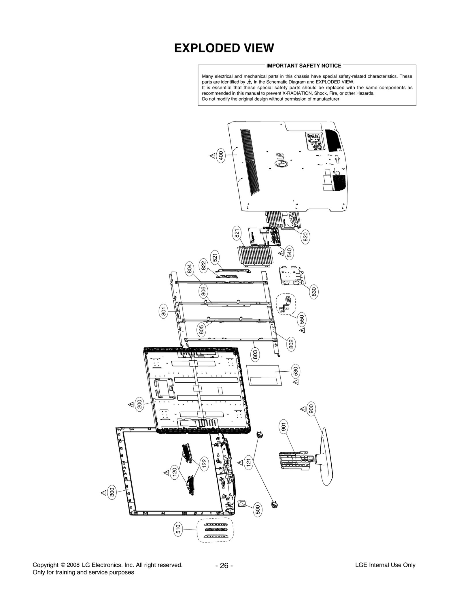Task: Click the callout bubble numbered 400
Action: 221,156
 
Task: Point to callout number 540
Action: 289,252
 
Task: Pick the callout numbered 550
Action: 302,319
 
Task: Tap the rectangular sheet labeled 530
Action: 264,375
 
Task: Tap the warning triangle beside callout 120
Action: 166,472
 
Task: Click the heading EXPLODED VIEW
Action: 224,48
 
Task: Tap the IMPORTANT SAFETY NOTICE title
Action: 304,66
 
